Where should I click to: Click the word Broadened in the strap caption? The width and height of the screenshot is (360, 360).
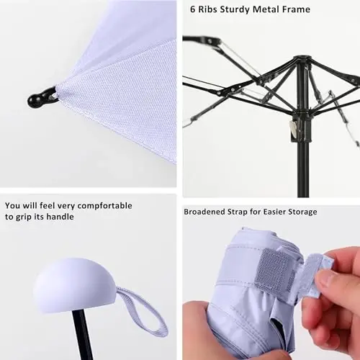point(206,212)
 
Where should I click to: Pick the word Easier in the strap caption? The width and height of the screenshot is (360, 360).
point(266,212)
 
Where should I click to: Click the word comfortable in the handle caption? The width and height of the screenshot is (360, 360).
point(107,206)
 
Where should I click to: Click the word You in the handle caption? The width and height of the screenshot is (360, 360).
point(12,206)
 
